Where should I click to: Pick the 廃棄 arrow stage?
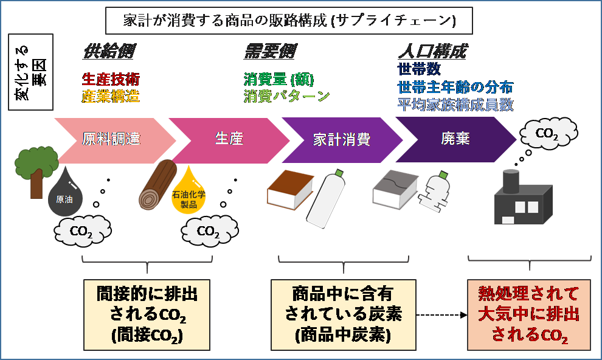click(x=455, y=140)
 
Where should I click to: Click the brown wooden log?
click(x=157, y=185)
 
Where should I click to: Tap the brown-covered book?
click(x=290, y=190)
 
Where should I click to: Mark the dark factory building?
click(x=523, y=197)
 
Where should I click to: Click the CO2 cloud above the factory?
click(x=548, y=133)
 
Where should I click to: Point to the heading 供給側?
click(x=109, y=52)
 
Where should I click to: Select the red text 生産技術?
click(x=111, y=79)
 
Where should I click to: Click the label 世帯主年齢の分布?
click(x=455, y=87)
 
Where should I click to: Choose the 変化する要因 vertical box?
click(x=31, y=72)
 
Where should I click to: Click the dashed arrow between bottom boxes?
click(x=442, y=315)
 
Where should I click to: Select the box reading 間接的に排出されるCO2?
click(x=147, y=315)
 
